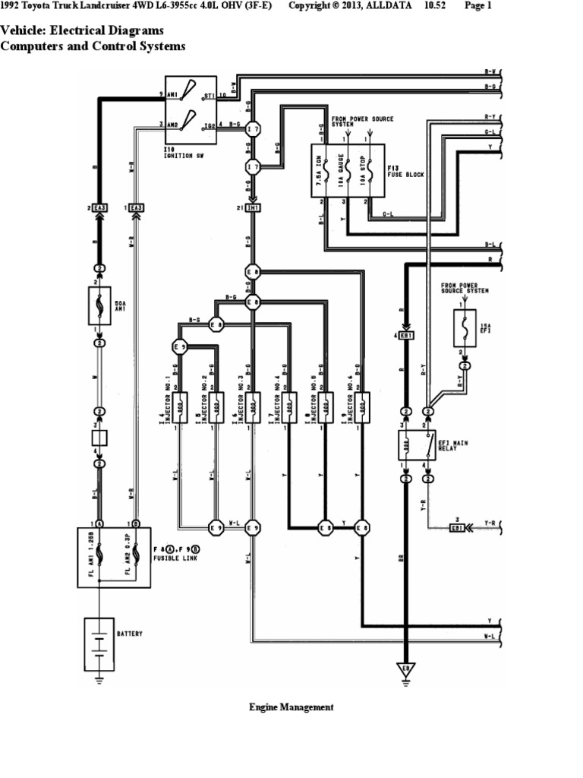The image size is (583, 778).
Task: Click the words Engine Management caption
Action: tap(291, 707)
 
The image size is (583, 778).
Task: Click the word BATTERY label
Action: tap(130, 633)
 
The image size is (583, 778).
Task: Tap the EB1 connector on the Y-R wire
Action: tap(457, 527)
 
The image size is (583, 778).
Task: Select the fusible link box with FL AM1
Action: tap(113, 558)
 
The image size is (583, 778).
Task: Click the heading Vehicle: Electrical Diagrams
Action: tap(82, 31)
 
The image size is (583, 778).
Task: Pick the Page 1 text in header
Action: tap(478, 6)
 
